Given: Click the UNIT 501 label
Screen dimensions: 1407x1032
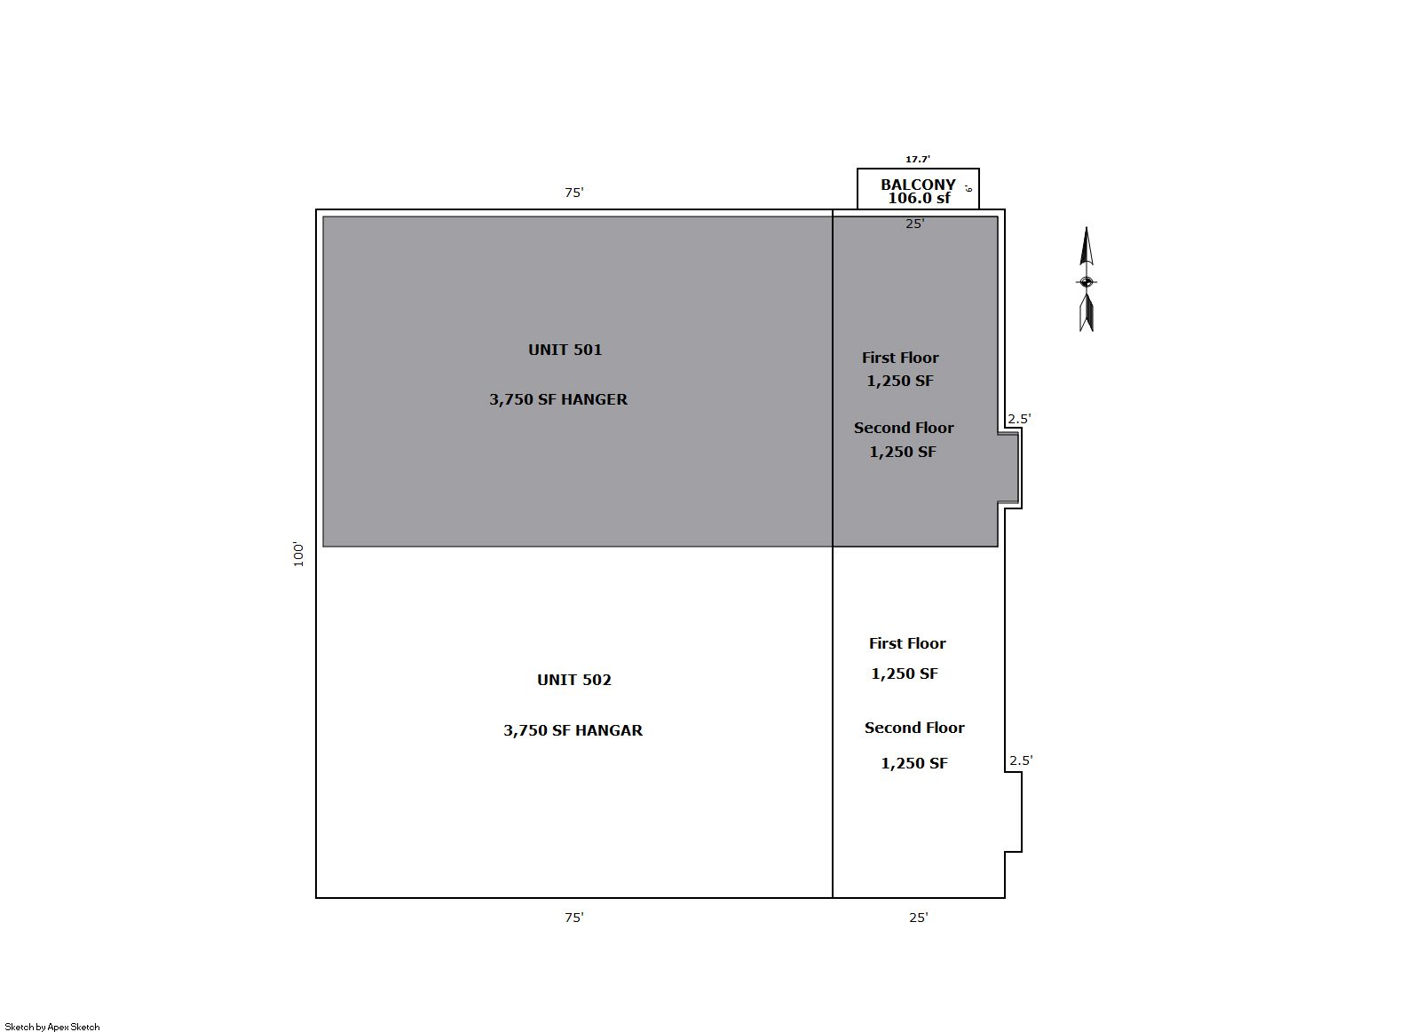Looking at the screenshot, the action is [x=565, y=350].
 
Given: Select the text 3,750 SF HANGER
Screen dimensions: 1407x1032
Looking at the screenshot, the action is [x=558, y=399].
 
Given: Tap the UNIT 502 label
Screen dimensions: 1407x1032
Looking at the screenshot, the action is [x=574, y=680].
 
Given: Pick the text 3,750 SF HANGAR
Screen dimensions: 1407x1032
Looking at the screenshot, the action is [x=573, y=730].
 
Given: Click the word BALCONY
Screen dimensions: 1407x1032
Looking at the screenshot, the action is [x=918, y=185].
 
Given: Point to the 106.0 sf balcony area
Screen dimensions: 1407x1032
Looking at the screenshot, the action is [x=919, y=199].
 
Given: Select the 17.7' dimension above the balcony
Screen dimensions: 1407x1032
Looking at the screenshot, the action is [x=918, y=160].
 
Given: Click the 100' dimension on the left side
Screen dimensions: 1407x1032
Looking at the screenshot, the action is [x=298, y=555].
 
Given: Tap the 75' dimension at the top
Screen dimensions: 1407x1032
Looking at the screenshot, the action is [x=574, y=192].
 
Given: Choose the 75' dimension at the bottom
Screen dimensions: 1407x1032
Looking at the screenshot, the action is [x=574, y=918].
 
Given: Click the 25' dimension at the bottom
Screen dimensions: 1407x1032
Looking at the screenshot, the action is [x=918, y=918].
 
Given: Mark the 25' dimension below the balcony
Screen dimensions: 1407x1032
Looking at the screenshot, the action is [x=914, y=224].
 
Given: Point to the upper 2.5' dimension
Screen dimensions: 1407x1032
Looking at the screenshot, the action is [x=1019, y=419].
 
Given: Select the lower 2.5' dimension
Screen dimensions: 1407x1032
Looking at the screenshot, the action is [x=1021, y=760].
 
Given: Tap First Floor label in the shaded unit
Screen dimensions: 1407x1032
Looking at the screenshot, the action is [x=900, y=358].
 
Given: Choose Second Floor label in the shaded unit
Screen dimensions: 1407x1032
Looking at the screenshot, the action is [x=904, y=428].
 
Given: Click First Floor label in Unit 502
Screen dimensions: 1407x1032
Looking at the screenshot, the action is [x=907, y=643].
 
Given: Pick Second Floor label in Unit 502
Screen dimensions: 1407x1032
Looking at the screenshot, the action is [x=914, y=728].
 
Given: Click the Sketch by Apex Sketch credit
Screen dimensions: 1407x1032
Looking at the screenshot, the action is [x=52, y=1027].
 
